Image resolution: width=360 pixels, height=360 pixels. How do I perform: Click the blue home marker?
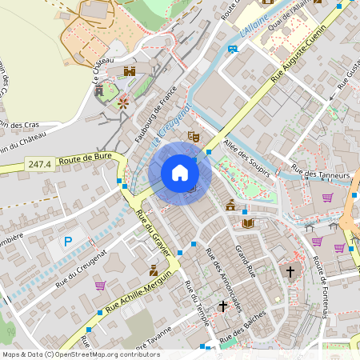tap(180, 173)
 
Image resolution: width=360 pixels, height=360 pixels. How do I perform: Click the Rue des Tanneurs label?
tap(322, 172)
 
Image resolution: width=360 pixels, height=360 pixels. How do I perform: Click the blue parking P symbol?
tap(69, 241)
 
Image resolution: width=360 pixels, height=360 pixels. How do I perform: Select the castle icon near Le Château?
tap(130, 71)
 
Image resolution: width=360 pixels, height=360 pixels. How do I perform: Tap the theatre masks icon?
tap(193, 137)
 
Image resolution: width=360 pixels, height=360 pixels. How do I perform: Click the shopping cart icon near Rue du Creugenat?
tap(100, 285)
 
